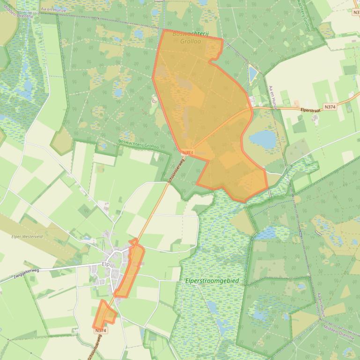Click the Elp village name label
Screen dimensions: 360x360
(x=105, y=264)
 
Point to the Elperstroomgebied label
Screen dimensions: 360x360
(x=212, y=281)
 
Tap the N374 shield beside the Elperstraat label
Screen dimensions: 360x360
(x=330, y=107)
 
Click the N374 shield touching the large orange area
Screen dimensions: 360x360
(x=187, y=152)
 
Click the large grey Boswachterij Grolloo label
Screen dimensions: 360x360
(x=190, y=37)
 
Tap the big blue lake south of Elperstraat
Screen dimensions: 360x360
(x=263, y=138)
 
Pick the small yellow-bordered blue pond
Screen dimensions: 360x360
(x=253, y=73)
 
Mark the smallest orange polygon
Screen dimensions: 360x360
(x=104, y=314)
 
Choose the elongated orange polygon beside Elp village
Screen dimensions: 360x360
(x=130, y=271)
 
